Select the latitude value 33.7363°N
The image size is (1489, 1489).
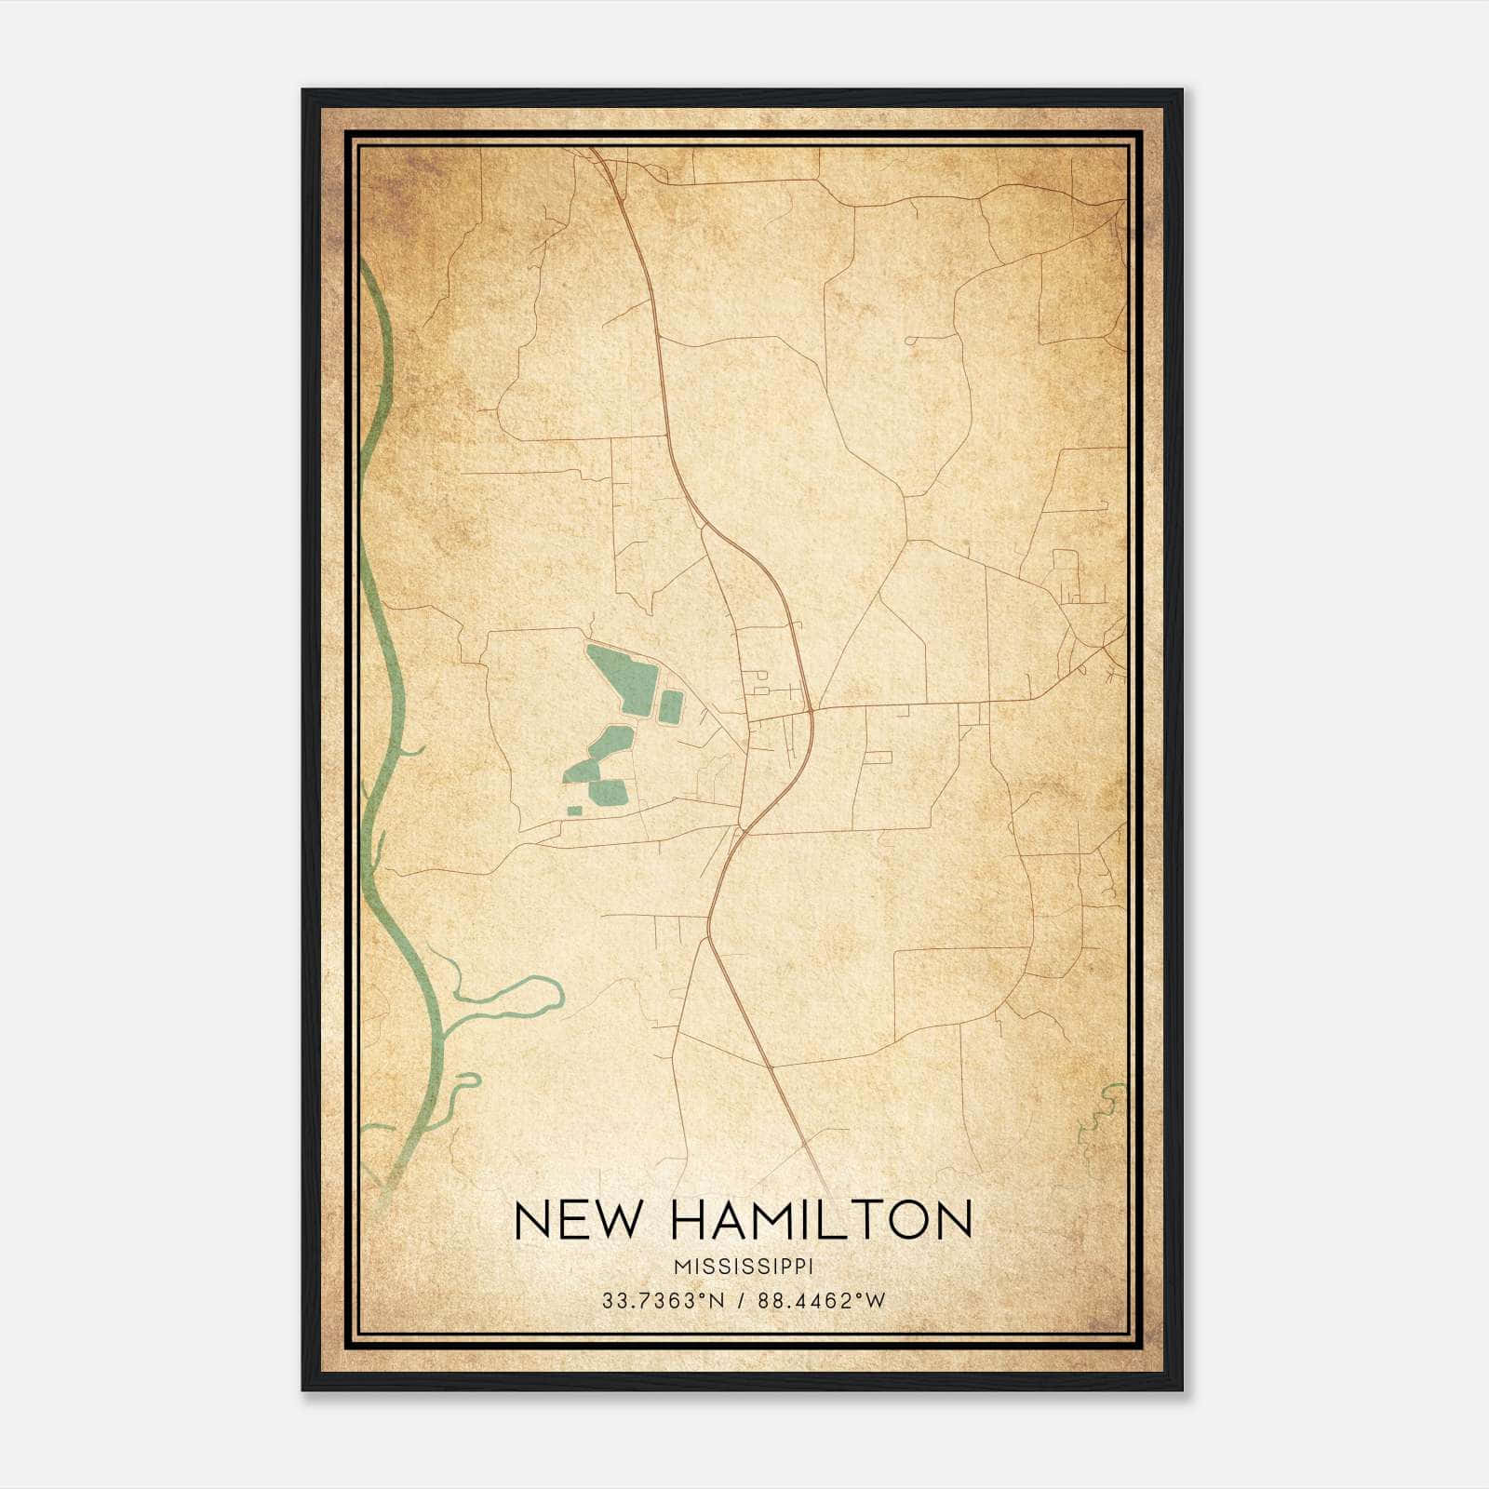click(x=662, y=1301)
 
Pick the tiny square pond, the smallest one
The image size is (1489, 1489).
click(x=574, y=812)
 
